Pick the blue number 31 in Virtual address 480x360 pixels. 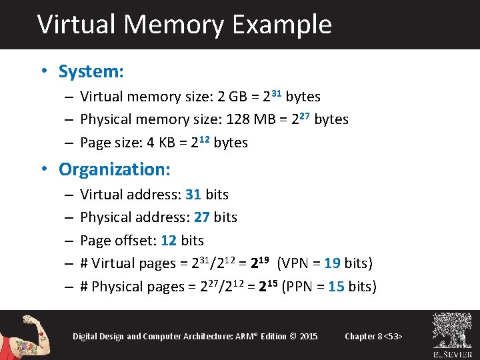pyautogui.click(x=193, y=195)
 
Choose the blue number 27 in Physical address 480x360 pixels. pyautogui.click(x=202, y=217)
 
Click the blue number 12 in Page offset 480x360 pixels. pyautogui.click(x=169, y=241)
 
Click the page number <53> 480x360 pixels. pyautogui.click(x=393, y=336)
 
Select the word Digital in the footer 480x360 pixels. pyautogui.click(x=85, y=336)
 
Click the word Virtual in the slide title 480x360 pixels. pyautogui.click(x=77, y=25)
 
